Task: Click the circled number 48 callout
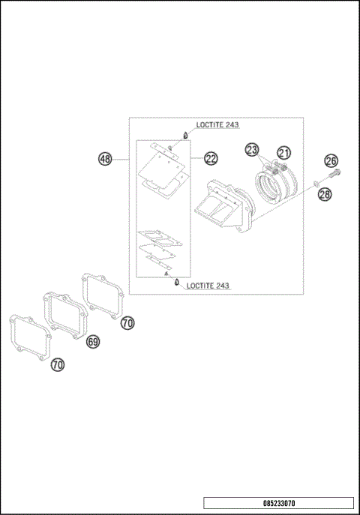(x=105, y=159)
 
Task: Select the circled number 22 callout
(x=211, y=159)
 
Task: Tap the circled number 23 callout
(x=252, y=150)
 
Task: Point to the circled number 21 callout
(x=283, y=153)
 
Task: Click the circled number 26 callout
(x=331, y=160)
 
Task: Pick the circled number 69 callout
(x=94, y=341)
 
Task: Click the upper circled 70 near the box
(x=127, y=323)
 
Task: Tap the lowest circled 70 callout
(x=58, y=365)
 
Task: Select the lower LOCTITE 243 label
(x=208, y=286)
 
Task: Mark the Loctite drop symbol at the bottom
(x=175, y=284)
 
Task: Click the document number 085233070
(x=278, y=503)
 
